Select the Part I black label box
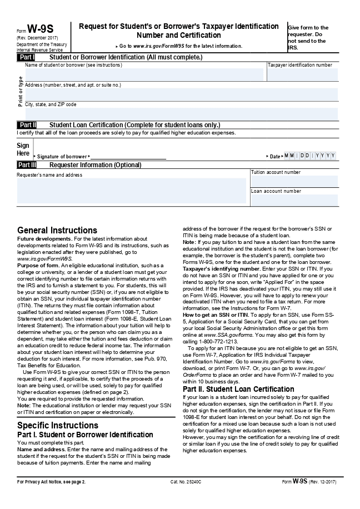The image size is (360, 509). [x=27, y=57]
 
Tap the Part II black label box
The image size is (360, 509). [x=27, y=125]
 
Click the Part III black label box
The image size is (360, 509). [x=27, y=165]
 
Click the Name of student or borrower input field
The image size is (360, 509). [x=144, y=74]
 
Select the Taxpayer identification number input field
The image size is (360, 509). [x=302, y=74]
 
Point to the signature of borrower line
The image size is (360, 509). [x=127, y=157]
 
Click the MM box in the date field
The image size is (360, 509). [x=289, y=156]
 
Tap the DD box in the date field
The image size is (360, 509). [x=304, y=156]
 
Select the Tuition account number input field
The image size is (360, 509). [x=294, y=182]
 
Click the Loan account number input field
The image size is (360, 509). [x=294, y=200]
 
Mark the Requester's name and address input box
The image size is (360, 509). [x=131, y=191]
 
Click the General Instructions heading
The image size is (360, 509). [x=57, y=230]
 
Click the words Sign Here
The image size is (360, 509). [x=23, y=149]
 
